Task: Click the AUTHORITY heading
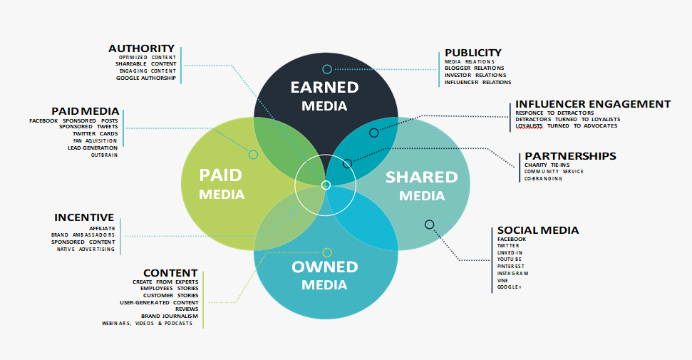pos(141,48)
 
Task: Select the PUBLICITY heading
pos(473,53)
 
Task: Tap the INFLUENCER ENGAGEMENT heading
pos(593,104)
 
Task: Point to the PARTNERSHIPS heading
pos(570,156)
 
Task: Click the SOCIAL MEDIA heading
pos(538,230)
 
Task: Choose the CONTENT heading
pos(170,274)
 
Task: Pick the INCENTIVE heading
pos(84,217)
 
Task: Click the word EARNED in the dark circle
pos(324,88)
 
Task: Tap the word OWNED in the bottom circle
pos(324,267)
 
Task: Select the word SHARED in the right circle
pos(421,177)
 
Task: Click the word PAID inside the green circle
pos(221,175)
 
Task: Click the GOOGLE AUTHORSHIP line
pos(146,78)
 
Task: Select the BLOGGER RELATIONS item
pos(475,68)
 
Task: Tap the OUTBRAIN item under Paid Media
pos(105,155)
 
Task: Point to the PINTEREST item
pos(511,267)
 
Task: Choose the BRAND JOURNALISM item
pos(170,317)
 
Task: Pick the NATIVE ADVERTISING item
pos(86,250)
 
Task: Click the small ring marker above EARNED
pos(327,69)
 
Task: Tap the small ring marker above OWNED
pos(327,252)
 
